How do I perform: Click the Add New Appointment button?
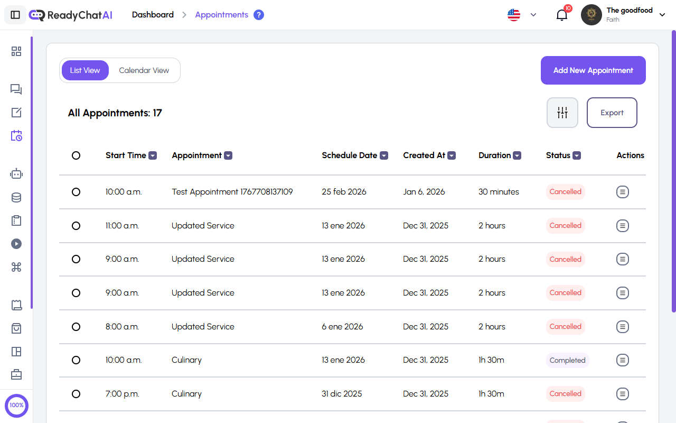point(593,70)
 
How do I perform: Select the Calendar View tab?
point(144,70)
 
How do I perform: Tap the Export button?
point(612,113)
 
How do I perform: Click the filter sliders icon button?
point(562,113)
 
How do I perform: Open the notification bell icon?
point(562,15)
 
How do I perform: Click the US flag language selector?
point(514,15)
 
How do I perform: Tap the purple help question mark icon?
point(259,15)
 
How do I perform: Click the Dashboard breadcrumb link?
point(153,15)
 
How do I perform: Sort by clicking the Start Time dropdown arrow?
point(153,155)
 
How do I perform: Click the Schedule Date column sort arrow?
point(384,155)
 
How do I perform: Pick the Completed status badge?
point(567,360)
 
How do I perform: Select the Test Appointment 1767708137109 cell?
point(232,192)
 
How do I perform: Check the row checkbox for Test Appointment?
point(76,192)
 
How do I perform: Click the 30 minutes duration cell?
point(499,192)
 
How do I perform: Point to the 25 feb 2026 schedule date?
point(344,192)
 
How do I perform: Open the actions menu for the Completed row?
point(623,360)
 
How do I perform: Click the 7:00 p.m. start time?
point(122,394)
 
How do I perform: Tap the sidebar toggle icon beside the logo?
point(15,15)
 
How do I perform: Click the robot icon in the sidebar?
point(16,174)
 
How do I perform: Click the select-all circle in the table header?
point(76,155)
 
